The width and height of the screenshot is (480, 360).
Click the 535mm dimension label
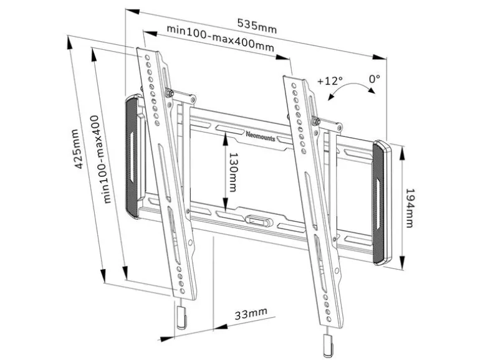tap(257, 27)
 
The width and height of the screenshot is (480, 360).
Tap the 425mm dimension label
tap(77, 149)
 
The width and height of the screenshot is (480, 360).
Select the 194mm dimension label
tap(410, 208)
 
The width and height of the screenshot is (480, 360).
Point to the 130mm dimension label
tap(233, 172)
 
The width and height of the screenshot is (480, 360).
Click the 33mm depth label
tap(251, 313)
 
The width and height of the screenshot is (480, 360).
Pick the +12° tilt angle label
tap(330, 81)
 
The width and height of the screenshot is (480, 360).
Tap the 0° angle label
tap(374, 79)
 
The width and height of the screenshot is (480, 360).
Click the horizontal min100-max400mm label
tap(220, 38)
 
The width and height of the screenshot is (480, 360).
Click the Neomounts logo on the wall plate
tap(261, 136)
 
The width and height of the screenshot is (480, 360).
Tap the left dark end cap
tap(132, 156)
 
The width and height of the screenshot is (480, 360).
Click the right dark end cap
tap(382, 202)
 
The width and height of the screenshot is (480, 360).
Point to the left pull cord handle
tap(181, 317)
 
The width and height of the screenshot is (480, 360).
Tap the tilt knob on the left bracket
tap(169, 92)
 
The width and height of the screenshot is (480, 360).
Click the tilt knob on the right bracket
tap(315, 121)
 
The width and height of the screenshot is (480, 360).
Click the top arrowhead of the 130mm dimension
tap(225, 139)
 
